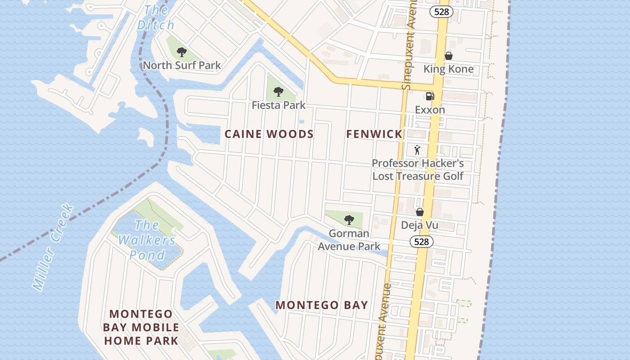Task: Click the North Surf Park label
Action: [x=182, y=65]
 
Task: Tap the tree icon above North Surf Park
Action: [x=181, y=52]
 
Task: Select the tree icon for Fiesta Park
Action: [x=279, y=92]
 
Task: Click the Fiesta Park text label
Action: [x=279, y=105]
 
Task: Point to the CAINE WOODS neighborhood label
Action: [x=269, y=134]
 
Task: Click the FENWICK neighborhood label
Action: [x=374, y=134]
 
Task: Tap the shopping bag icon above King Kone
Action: [x=448, y=56]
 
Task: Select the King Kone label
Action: [x=448, y=69]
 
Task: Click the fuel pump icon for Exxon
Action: [x=430, y=96]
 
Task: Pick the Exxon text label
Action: [x=430, y=110]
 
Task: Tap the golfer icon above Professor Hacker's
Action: [x=417, y=150]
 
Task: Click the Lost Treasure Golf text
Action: [x=417, y=176]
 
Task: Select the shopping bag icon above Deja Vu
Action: [x=419, y=212]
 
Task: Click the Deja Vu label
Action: [x=419, y=225]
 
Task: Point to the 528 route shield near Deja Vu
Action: [x=421, y=242]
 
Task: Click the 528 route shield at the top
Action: [x=441, y=12]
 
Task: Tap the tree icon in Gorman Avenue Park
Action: [x=349, y=220]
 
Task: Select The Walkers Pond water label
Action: [x=147, y=240]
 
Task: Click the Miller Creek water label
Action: [x=53, y=247]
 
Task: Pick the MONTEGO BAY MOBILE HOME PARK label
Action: [x=141, y=327]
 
